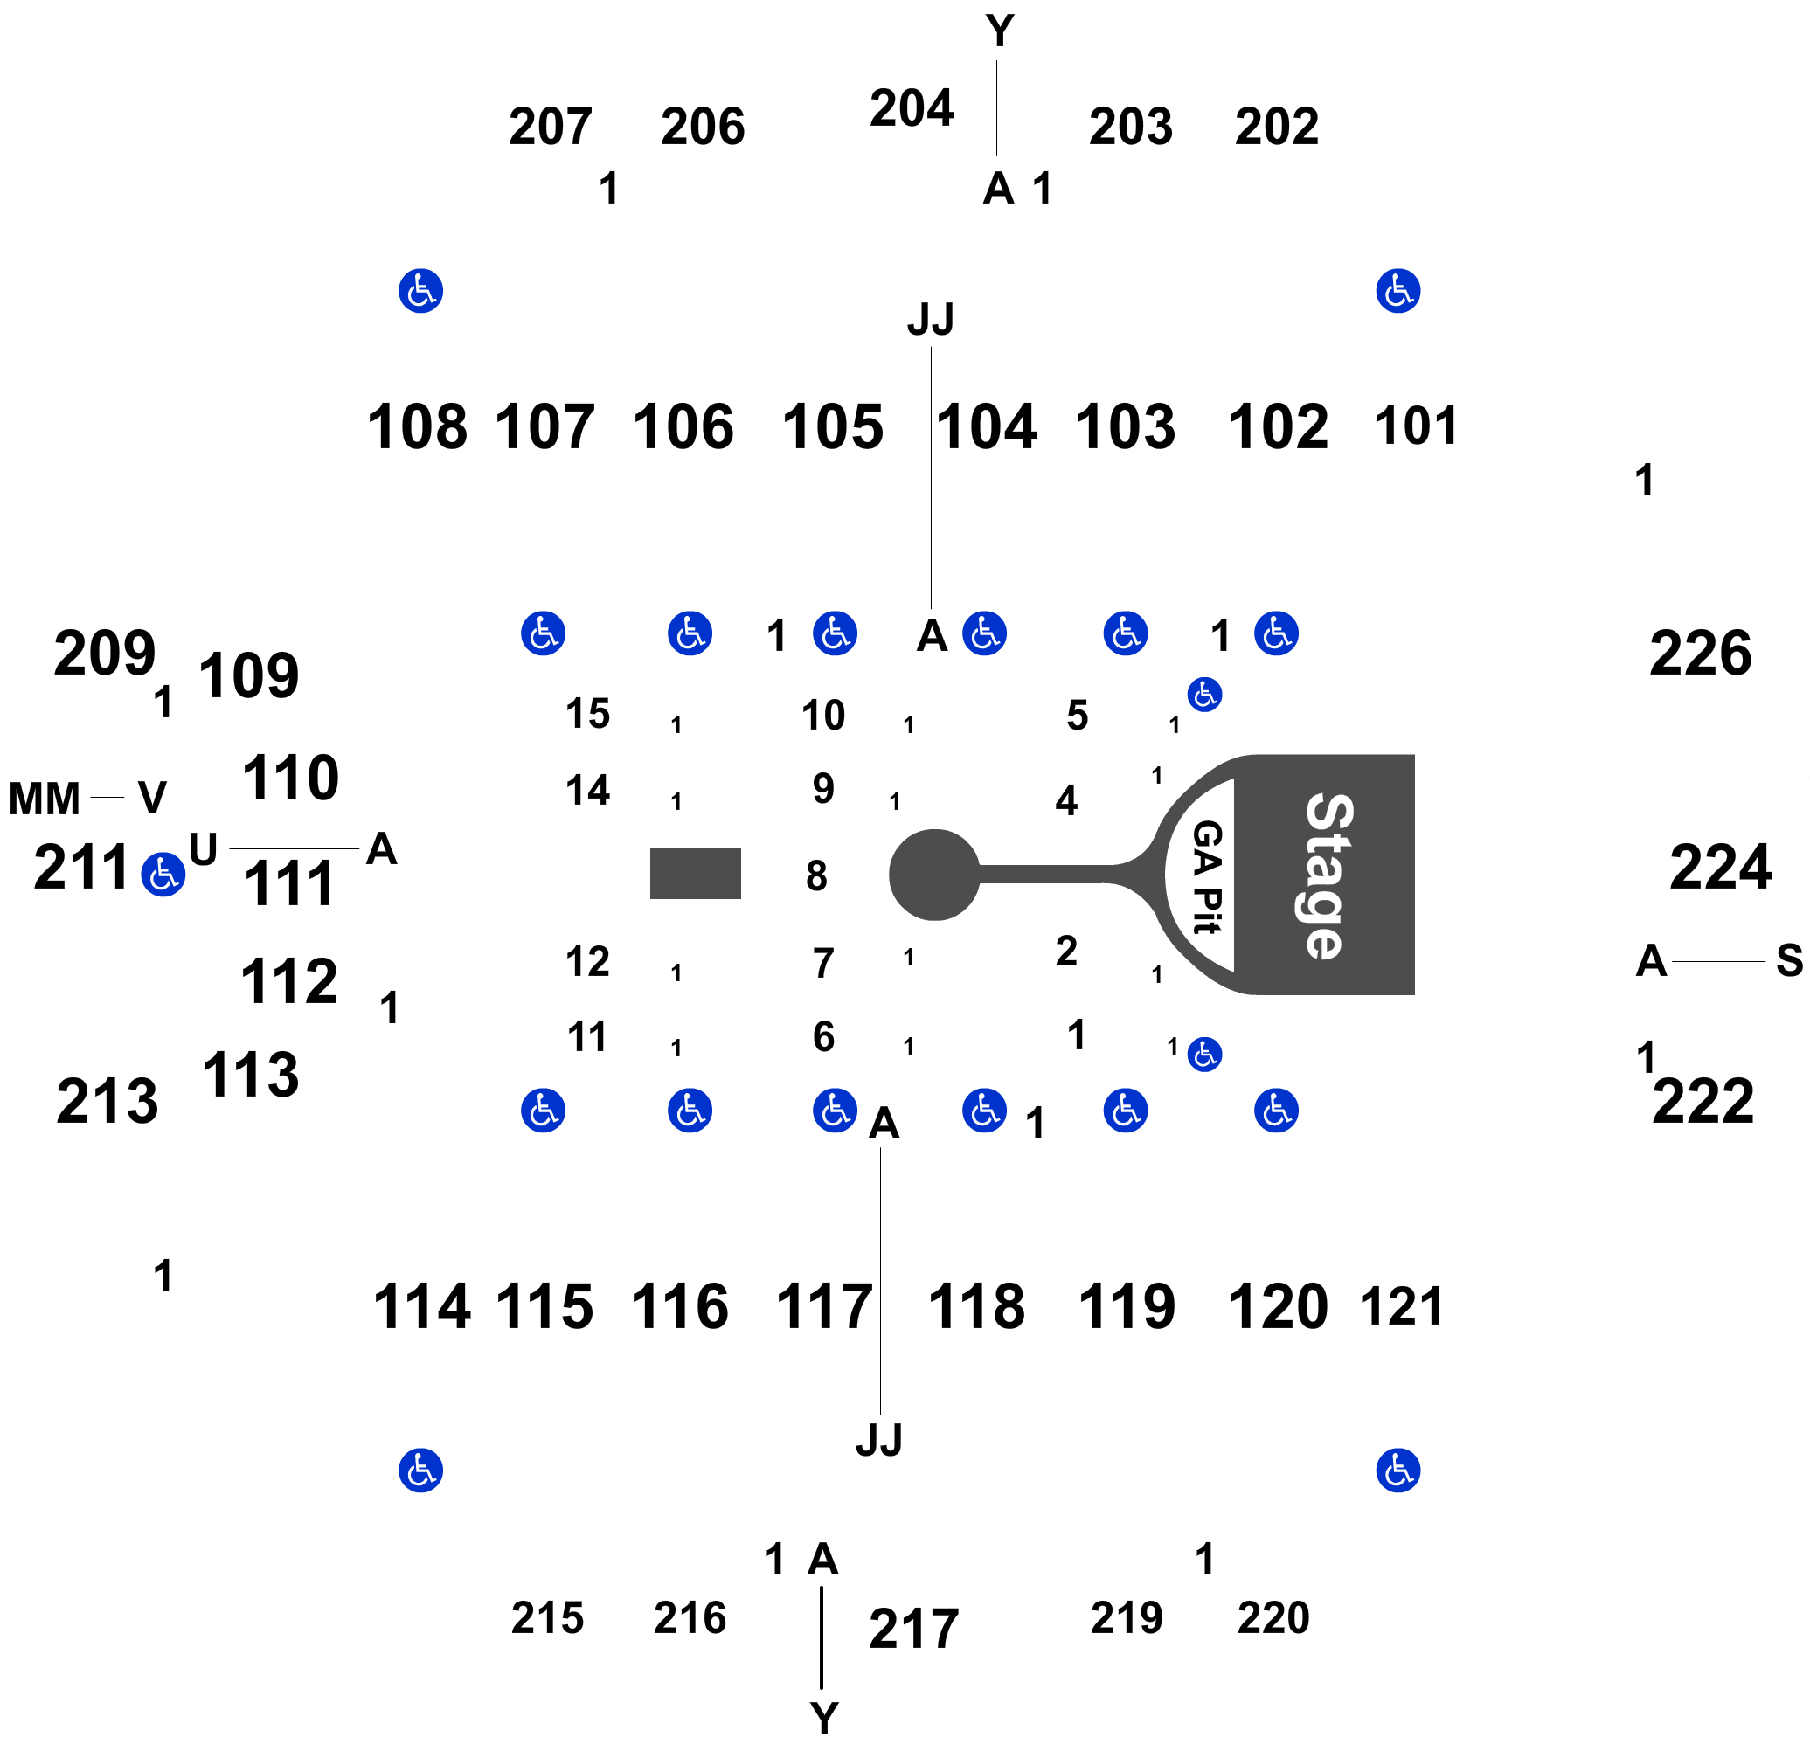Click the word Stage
[x=1330, y=875]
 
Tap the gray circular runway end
[x=933, y=875]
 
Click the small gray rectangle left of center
[x=695, y=873]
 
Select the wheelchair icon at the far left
[x=163, y=875]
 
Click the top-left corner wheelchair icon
[x=420, y=292]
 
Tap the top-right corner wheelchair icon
[x=1397, y=292]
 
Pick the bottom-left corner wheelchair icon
[x=420, y=1470]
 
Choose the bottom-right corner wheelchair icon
[x=1397, y=1470]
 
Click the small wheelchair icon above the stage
[x=1204, y=695]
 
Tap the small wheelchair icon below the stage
[x=1204, y=1055]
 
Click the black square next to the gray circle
[x=815, y=875]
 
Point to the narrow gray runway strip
[x=1044, y=875]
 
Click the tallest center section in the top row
[x=909, y=107]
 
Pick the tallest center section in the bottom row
[x=909, y=1637]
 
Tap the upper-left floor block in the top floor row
[x=588, y=714]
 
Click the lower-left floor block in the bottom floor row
[x=588, y=1035]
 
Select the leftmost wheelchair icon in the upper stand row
[x=542, y=633]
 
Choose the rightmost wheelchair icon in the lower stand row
[x=1275, y=1111]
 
